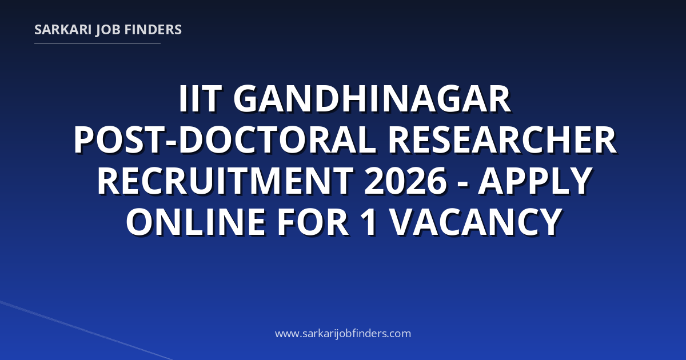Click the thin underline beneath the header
[x=97, y=43]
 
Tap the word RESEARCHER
[x=502, y=140]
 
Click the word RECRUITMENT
[x=225, y=181]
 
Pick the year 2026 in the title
[x=405, y=181]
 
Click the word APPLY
[x=535, y=181]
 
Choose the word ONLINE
[x=196, y=222]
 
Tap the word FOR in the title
[x=313, y=222]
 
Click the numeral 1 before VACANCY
[x=368, y=222]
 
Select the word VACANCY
[x=476, y=222]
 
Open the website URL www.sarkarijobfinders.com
[x=343, y=333]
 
